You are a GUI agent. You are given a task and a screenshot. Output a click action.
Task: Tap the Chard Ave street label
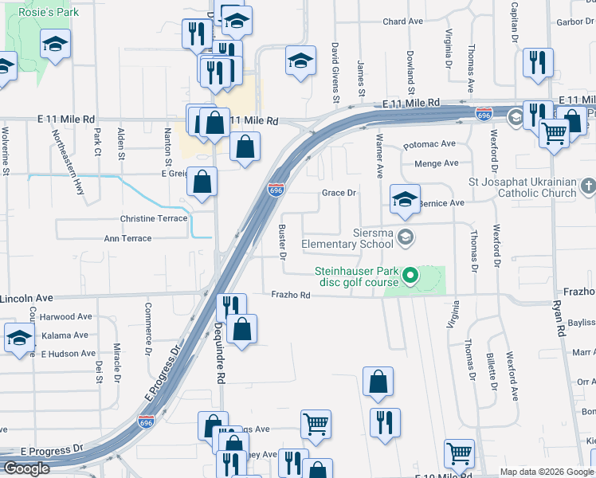coord(403,22)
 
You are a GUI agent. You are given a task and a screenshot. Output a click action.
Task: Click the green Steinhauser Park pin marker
coord(411,276)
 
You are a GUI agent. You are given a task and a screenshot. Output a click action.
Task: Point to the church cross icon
coord(588,187)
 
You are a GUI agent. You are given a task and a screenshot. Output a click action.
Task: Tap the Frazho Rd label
coord(290,295)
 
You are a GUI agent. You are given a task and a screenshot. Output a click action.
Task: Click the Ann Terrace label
coord(127,238)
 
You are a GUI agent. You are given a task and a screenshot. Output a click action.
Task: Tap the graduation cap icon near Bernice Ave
coord(405,198)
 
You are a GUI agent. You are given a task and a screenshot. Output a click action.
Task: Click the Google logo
coord(25,468)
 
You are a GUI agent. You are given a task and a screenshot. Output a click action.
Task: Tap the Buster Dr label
coord(282,241)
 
